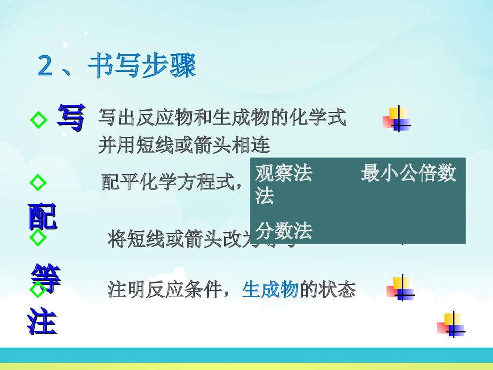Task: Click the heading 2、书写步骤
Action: point(117,66)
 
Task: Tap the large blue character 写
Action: point(70,117)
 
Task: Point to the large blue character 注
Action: point(42,321)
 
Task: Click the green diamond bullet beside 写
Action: point(38,119)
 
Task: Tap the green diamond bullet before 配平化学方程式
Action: point(38,183)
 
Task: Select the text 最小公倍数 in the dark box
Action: point(408,174)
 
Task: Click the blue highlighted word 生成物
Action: point(270,290)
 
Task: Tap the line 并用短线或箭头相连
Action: point(183,146)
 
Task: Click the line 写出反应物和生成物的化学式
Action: point(222,118)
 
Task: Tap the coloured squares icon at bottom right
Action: point(451,325)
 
